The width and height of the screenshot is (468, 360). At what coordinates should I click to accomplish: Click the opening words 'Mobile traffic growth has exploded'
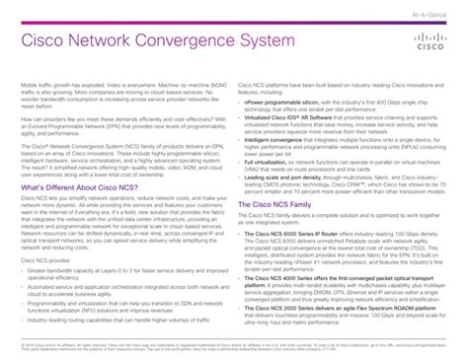click(59, 86)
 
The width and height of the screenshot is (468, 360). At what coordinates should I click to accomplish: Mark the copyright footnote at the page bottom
click(148, 346)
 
